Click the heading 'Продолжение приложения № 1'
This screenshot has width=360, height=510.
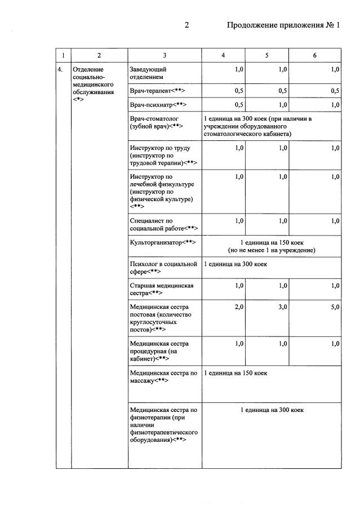[x=283, y=25]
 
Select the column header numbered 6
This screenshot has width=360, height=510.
[x=314, y=55]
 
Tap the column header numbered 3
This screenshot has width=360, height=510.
[x=165, y=55]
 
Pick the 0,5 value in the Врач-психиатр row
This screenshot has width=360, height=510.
[x=238, y=105]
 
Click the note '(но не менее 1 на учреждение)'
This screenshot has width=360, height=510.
[x=271, y=250]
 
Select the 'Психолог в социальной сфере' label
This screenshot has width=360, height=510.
[x=163, y=268]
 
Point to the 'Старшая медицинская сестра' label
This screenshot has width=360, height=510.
[x=161, y=290]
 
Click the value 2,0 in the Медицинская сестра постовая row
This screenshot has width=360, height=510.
[x=238, y=307]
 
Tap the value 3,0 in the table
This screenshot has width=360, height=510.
[x=282, y=307]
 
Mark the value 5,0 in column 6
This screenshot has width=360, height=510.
[x=335, y=307]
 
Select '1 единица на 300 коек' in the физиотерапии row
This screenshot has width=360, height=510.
[x=272, y=410]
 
